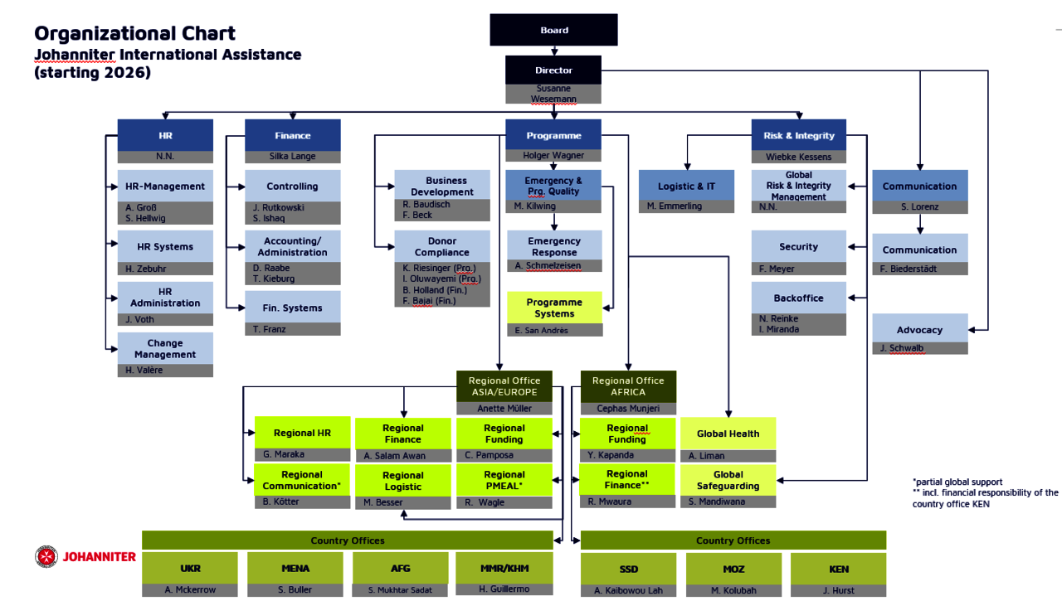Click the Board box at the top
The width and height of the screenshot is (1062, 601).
(553, 30)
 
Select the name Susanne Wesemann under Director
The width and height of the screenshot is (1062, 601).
(554, 94)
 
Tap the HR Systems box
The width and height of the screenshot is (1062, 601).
(165, 246)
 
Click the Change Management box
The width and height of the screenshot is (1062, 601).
(165, 348)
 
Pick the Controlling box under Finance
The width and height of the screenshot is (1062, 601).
(292, 186)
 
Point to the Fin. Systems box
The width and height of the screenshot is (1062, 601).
(292, 308)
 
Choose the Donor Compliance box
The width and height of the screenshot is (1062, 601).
(441, 246)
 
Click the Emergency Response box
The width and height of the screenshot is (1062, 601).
(554, 246)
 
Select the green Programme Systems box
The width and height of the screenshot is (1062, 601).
(554, 308)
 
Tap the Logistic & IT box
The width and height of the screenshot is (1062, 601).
(686, 186)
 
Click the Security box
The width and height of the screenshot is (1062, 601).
(798, 246)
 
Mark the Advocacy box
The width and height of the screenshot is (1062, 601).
(919, 329)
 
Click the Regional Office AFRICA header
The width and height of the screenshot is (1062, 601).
(628, 386)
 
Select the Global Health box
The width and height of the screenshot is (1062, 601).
(728, 434)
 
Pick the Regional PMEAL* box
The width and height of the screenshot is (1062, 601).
(504, 480)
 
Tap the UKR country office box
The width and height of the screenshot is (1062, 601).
(190, 569)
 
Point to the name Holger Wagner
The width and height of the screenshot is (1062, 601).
(553, 155)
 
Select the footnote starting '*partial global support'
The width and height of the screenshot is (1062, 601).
(957, 482)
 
